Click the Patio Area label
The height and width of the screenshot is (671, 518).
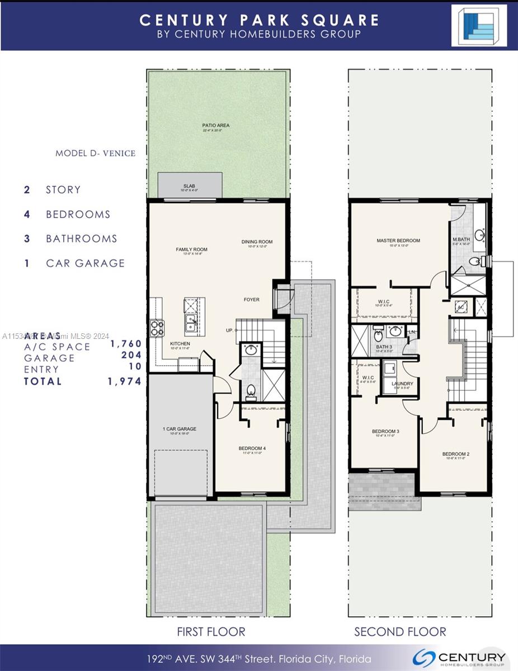[x=216, y=126]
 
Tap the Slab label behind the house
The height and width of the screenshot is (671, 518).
[x=189, y=186]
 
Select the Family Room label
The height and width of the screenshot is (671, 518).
[x=191, y=249]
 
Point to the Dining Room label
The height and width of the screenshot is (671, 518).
[x=257, y=242]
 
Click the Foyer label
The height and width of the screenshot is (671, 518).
[x=251, y=300]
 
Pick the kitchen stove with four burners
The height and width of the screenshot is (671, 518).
[x=156, y=326]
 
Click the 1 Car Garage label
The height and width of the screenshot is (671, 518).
[x=180, y=429]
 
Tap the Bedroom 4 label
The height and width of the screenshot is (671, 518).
[x=252, y=448]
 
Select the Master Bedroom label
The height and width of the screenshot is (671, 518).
[x=398, y=241]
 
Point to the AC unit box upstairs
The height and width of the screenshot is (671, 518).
[x=461, y=307]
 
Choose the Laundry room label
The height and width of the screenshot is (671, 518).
[x=402, y=384]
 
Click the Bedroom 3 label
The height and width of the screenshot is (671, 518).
[x=385, y=431]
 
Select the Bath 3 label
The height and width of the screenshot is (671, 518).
[x=384, y=347]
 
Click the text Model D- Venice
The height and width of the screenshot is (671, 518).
[x=95, y=153]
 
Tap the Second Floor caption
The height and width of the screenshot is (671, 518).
[x=400, y=632]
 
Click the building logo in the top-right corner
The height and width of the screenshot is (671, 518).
[x=479, y=25]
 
